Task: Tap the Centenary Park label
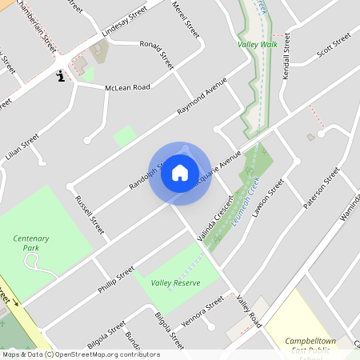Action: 31,243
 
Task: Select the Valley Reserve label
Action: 175,282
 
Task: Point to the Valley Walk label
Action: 256,45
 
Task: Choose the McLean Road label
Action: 128,87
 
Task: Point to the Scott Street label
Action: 334,46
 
